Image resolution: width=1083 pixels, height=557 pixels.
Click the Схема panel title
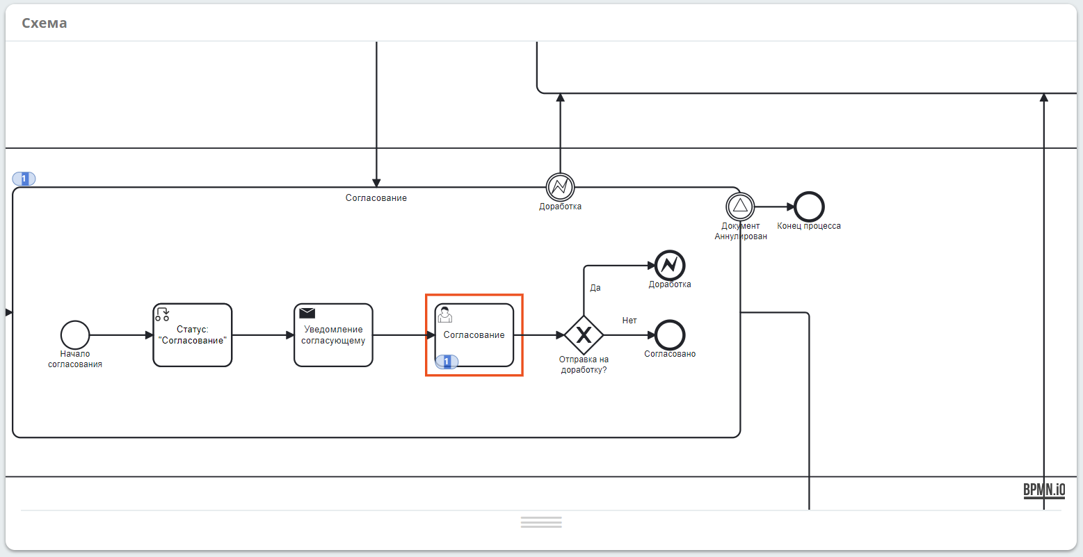pyautogui.click(x=44, y=23)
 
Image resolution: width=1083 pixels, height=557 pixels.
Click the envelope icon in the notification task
pyautogui.click(x=307, y=313)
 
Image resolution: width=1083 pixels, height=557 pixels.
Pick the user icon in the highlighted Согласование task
pyautogui.click(x=444, y=315)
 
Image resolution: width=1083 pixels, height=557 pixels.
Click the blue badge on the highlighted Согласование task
pyautogui.click(x=447, y=362)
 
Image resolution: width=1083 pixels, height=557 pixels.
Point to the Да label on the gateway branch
pyautogui.click(x=595, y=288)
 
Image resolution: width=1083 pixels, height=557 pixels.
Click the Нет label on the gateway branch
pyautogui.click(x=629, y=320)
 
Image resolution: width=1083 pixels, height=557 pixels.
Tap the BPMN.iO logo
pyautogui.click(x=1044, y=490)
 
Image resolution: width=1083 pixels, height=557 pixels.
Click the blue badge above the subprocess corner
pyautogui.click(x=24, y=179)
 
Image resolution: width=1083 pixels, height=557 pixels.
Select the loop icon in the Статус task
pyautogui.click(x=163, y=314)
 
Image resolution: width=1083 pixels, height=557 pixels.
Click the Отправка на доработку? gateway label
pyautogui.click(x=584, y=364)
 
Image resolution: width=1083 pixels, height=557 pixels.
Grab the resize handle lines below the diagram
pyautogui.click(x=541, y=522)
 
